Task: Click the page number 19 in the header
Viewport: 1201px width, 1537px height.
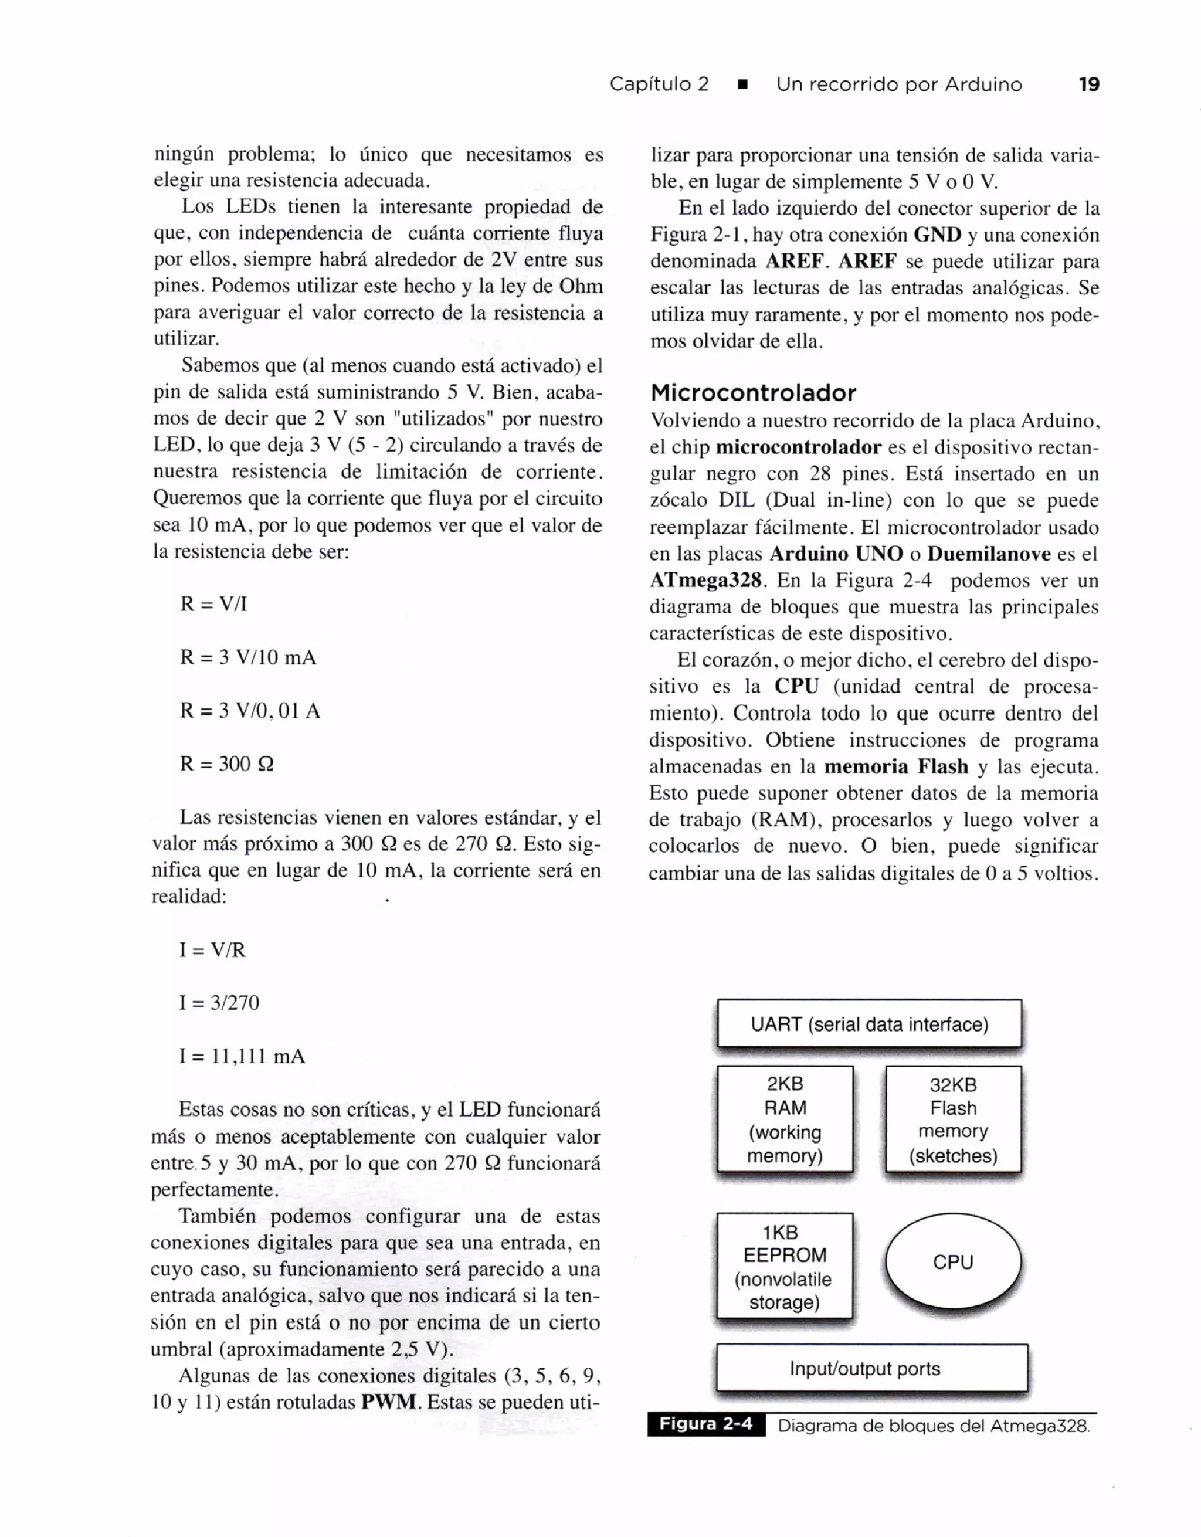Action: pyautogui.click(x=1088, y=84)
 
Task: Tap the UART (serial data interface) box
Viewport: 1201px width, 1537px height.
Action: pyautogui.click(x=869, y=1024)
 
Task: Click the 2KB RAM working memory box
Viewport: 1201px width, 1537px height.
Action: pyautogui.click(x=785, y=1119)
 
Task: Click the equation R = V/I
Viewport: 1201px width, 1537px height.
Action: pyautogui.click(x=213, y=604)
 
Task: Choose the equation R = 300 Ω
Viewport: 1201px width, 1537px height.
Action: pyautogui.click(x=226, y=764)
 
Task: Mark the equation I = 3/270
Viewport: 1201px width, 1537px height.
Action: pyautogui.click(x=219, y=1003)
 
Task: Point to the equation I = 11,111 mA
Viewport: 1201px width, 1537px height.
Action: pyautogui.click(x=242, y=1056)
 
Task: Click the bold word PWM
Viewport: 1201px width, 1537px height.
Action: pyautogui.click(x=389, y=1402)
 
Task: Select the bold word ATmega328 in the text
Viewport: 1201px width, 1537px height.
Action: pyautogui.click(x=705, y=581)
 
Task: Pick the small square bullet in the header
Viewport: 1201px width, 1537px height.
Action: pyautogui.click(x=742, y=85)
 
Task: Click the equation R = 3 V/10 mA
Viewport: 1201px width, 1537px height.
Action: pyautogui.click(x=247, y=657)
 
